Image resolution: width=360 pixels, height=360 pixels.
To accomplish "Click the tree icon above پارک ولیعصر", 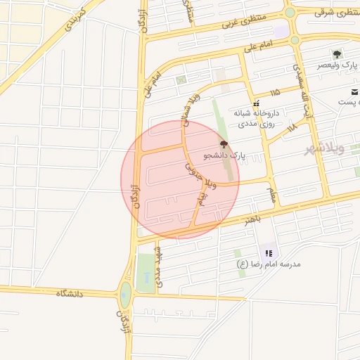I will tap(337, 53).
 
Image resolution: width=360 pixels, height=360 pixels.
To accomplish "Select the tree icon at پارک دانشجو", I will tap(224, 143).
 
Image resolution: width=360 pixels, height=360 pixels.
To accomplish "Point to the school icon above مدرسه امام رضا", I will tap(269, 253).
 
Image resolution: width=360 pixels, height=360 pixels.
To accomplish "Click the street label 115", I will tap(274, 92).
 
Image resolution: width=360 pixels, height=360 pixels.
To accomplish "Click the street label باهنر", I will tap(253, 220).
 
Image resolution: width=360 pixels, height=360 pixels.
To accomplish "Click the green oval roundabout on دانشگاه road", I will tap(125, 295).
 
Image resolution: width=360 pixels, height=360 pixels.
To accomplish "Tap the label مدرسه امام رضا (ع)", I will tap(269, 264).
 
